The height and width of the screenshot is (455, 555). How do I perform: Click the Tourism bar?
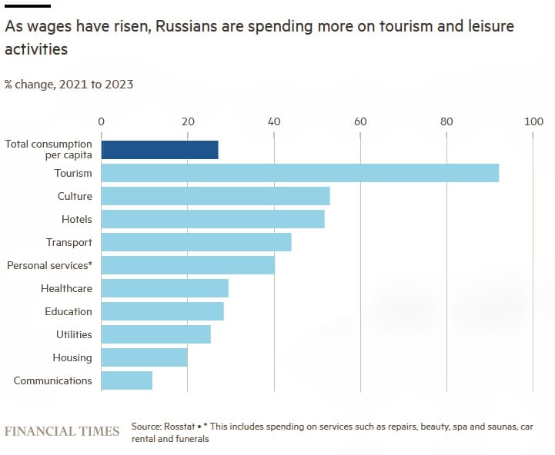(x=299, y=173)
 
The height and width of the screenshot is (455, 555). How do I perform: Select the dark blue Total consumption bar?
(x=159, y=150)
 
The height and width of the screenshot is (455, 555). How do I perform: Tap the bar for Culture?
(x=216, y=196)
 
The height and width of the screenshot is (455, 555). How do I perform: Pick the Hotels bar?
(x=212, y=219)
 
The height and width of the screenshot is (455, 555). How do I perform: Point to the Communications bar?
(x=126, y=380)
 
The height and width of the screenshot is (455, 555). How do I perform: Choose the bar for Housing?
(x=144, y=357)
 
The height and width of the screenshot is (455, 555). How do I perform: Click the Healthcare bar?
(x=165, y=288)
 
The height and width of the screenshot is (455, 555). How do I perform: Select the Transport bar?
(x=196, y=242)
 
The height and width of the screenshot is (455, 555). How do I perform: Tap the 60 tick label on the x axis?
(x=359, y=121)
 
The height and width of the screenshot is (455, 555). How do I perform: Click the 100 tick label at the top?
(x=533, y=121)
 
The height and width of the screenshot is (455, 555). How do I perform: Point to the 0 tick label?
(x=101, y=121)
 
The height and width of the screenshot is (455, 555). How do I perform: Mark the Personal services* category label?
(x=49, y=265)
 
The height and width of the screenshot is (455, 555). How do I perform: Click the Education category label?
(x=68, y=311)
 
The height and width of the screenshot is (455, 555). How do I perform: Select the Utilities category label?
(x=74, y=334)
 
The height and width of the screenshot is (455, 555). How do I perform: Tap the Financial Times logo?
(x=62, y=431)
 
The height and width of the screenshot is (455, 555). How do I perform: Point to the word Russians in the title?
(x=185, y=27)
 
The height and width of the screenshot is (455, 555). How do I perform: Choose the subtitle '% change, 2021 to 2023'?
(x=69, y=85)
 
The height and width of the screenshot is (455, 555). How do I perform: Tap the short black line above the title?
(x=27, y=6)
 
